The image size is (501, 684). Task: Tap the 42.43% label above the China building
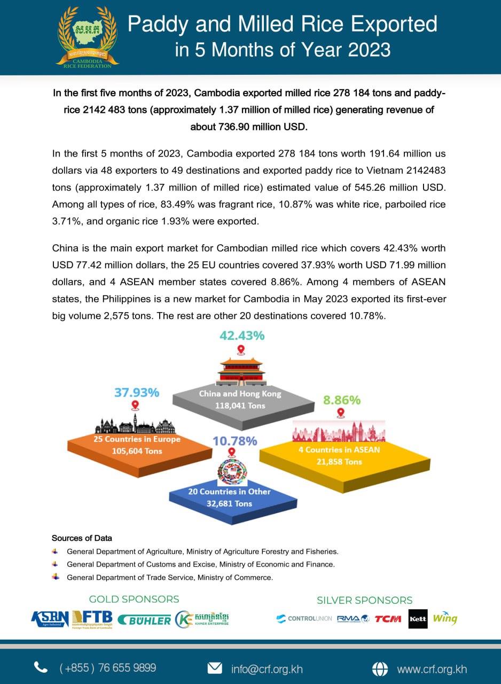(242, 336)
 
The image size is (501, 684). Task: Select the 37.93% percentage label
(137, 392)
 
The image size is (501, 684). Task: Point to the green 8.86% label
(342, 400)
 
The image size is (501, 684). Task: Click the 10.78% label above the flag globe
(235, 441)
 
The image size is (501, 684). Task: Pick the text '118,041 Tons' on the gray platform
(240, 406)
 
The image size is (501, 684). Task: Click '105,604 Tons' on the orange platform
(137, 450)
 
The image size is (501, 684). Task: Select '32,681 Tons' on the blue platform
(229, 503)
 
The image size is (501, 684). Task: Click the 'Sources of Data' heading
(82, 538)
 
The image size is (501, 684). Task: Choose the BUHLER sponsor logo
(144, 620)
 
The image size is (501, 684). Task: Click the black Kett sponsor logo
(417, 619)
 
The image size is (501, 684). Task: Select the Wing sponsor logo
(445, 618)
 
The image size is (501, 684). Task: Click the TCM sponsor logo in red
(388, 619)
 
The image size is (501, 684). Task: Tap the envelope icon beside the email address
(215, 668)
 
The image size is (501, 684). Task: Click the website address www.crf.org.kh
(432, 669)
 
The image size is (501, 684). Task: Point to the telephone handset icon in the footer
(41, 667)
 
